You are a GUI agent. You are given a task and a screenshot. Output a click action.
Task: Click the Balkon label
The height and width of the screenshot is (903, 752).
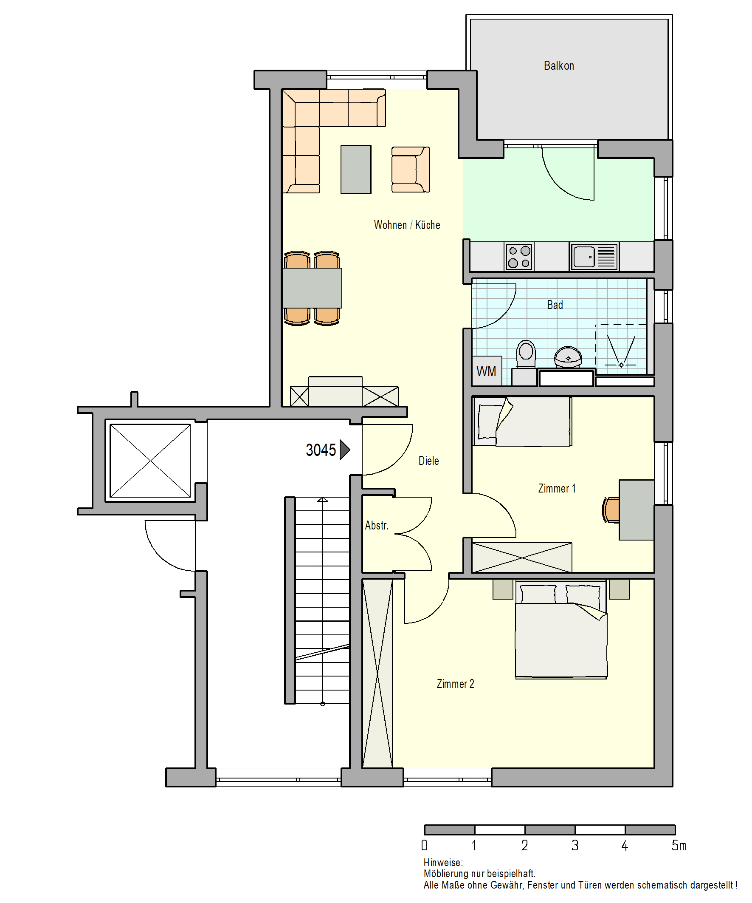tap(559, 66)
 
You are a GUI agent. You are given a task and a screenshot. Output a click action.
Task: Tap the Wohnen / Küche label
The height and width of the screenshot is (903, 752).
tap(407, 225)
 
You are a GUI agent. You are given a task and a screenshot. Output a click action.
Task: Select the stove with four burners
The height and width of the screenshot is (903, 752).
tap(518, 257)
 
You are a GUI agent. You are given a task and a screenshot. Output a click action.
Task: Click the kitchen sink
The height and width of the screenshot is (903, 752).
tap(595, 257)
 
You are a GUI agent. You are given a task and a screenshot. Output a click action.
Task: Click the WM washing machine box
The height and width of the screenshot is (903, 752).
tap(487, 371)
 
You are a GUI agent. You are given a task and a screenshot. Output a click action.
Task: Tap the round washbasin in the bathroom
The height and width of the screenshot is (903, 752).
tap(568, 357)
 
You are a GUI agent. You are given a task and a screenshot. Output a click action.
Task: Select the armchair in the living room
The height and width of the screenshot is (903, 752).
tap(410, 170)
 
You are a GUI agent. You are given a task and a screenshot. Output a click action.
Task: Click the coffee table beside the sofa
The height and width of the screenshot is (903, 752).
tap(356, 170)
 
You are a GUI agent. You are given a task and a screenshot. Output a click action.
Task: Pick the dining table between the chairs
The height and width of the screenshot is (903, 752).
tap(313, 288)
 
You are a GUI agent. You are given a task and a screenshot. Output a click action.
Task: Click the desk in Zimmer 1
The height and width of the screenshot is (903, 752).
tap(637, 510)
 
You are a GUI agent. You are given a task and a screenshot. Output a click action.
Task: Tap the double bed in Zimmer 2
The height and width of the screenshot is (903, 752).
tap(561, 629)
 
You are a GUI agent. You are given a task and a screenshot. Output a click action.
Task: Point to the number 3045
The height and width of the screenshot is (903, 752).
tap(321, 450)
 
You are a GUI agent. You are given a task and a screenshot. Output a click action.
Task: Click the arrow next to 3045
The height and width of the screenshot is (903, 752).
tap(345, 450)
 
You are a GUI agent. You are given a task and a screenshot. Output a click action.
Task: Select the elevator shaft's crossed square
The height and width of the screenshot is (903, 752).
tap(150, 461)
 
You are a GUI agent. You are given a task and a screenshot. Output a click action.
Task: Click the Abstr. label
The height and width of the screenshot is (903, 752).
tap(377, 526)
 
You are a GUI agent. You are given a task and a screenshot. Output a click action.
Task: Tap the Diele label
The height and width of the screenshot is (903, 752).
tap(429, 461)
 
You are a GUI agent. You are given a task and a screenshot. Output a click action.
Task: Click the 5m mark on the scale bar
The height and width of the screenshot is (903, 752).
tap(679, 846)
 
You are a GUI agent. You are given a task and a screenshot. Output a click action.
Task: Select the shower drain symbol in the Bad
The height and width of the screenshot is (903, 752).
tap(621, 365)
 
